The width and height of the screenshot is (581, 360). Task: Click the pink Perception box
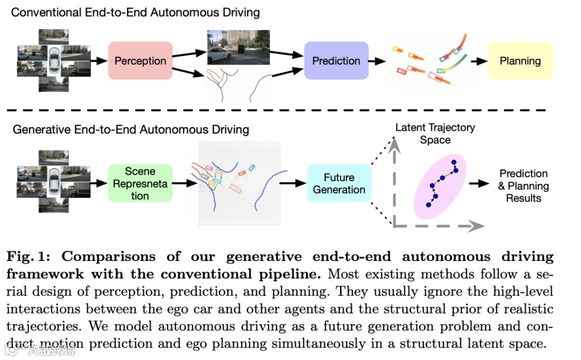pyautogui.click(x=140, y=61)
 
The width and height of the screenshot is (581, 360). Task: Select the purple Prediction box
pyautogui.click(x=336, y=61)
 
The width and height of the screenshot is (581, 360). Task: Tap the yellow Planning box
pyautogui.click(x=520, y=61)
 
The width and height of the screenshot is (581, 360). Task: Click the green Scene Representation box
pyautogui.click(x=140, y=183)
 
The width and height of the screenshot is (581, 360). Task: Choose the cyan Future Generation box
pyautogui.click(x=339, y=183)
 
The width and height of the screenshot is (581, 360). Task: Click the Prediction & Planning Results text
pyautogui.click(x=523, y=186)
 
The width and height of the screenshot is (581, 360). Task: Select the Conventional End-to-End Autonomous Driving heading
pyautogui.click(x=135, y=12)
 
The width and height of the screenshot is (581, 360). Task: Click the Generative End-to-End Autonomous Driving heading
pyautogui.click(x=131, y=129)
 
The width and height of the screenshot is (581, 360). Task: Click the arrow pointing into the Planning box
pyautogui.click(x=477, y=61)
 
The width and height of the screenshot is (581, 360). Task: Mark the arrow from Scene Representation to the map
pyautogui.click(x=181, y=183)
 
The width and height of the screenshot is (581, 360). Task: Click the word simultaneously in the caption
pyautogui.click(x=309, y=343)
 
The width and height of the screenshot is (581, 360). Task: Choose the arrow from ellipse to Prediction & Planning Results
pyautogui.click(x=477, y=183)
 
